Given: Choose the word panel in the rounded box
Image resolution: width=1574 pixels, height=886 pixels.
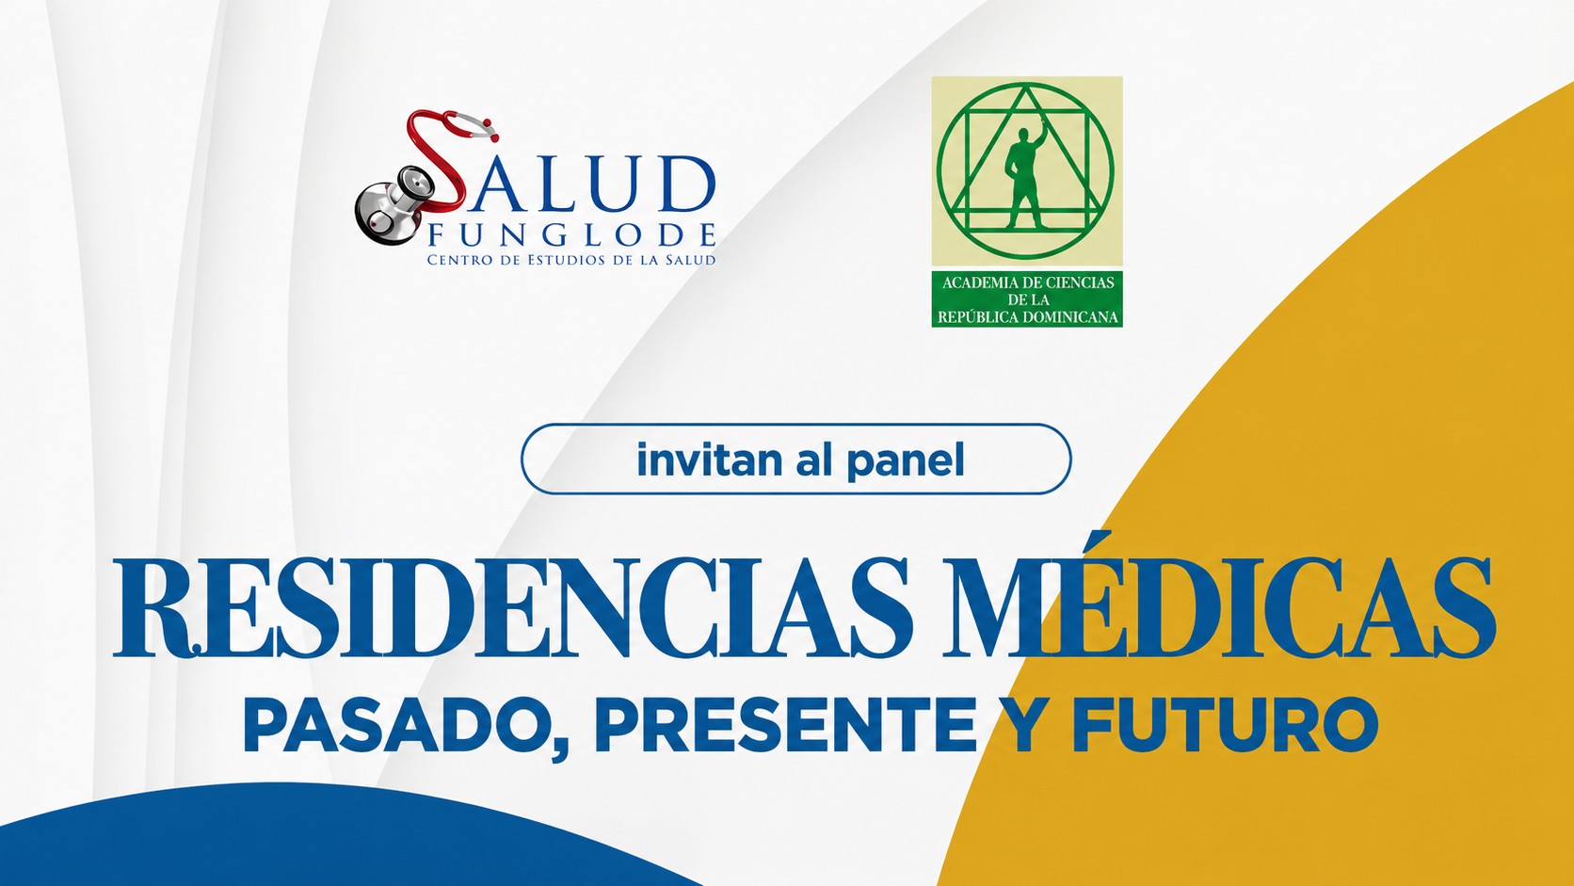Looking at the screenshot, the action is [x=906, y=461].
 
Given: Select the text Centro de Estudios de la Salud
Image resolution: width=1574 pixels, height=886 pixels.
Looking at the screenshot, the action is [x=571, y=260].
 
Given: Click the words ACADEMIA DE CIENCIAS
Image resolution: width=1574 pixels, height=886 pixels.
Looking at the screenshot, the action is [x=1027, y=282].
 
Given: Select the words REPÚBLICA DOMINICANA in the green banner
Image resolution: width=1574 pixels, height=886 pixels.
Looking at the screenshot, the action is [x=1027, y=317].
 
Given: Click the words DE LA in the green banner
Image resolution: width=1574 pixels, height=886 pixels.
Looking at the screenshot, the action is [x=1027, y=300].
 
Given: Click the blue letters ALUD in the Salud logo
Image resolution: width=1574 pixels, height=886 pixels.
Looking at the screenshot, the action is [x=589, y=185].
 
